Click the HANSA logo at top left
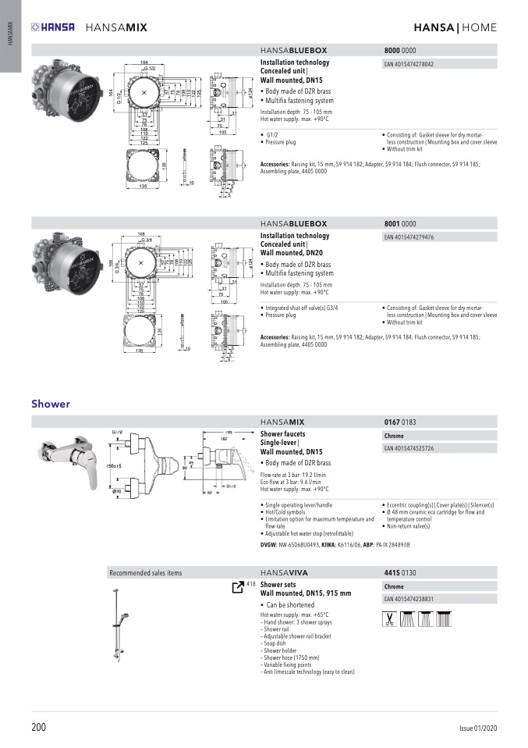[x=53, y=27]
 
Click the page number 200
[x=39, y=728]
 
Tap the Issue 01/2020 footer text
[x=477, y=728]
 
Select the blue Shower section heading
[x=51, y=404]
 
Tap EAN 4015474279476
[x=409, y=237]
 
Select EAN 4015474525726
[x=409, y=449]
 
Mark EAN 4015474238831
[x=409, y=599]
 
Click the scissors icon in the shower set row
[x=388, y=619]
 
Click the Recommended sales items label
[x=146, y=572]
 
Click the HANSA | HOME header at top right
[x=455, y=27]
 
